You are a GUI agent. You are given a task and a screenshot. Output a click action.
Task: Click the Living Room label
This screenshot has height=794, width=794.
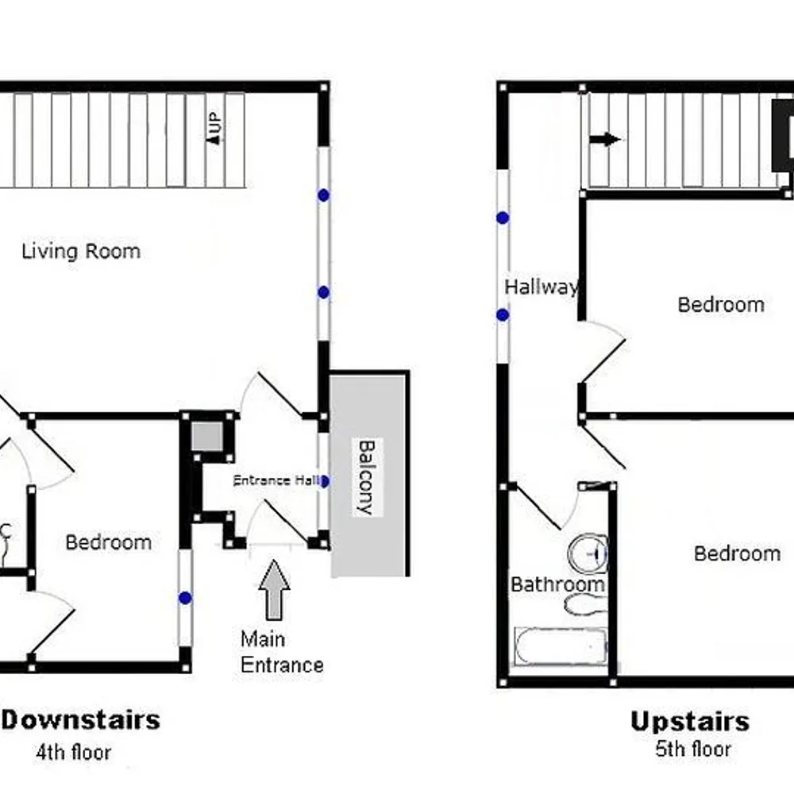click(x=81, y=252)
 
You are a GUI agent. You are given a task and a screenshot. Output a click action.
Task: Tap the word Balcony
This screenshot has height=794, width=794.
click(x=364, y=478)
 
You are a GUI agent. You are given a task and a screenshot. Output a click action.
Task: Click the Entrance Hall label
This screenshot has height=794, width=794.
click(x=276, y=480)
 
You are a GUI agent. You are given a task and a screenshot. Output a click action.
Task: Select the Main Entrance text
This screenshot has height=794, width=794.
click(x=282, y=652)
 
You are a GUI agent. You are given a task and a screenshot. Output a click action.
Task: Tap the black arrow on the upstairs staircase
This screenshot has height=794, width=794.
click(x=605, y=140)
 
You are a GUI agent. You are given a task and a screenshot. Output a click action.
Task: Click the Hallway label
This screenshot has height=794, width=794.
click(x=541, y=287)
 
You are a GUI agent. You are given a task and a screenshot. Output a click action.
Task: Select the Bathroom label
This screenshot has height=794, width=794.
click(x=557, y=585)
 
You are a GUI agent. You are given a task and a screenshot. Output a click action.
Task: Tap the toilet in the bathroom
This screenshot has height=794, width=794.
click(x=586, y=604)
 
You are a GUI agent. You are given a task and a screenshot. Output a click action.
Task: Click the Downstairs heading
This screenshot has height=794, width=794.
click(x=82, y=720)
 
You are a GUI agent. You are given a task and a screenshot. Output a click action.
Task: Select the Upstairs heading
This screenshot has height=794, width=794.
click(x=689, y=722)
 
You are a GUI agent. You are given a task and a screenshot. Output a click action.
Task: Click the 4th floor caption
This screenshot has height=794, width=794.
click(x=73, y=752)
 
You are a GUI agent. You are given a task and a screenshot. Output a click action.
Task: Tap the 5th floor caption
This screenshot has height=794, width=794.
click(x=692, y=749)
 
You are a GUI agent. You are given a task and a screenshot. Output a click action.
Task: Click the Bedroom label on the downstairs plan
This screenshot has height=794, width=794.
click(x=108, y=543)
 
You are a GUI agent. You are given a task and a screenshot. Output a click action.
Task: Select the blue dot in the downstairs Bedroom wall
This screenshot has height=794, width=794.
click(x=185, y=598)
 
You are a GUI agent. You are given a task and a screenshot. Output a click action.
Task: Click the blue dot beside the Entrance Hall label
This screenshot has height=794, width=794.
click(x=324, y=481)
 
